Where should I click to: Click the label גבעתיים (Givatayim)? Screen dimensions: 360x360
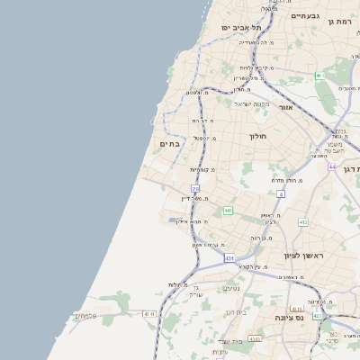tap(306, 15)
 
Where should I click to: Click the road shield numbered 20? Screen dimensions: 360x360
tap(195, 188)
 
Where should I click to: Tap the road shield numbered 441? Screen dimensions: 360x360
tap(229, 211)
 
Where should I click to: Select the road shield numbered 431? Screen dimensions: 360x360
tap(229, 258)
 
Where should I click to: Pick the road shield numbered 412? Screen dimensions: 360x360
tap(303, 221)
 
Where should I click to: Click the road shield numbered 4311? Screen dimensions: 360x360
tap(149, 312)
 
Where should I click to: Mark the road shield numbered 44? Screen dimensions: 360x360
tap(332, 166)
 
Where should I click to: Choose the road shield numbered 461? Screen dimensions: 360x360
tap(319, 76)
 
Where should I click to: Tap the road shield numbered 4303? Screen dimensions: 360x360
tap(255, 339)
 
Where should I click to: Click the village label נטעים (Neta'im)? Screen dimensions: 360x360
tap(231, 288)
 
